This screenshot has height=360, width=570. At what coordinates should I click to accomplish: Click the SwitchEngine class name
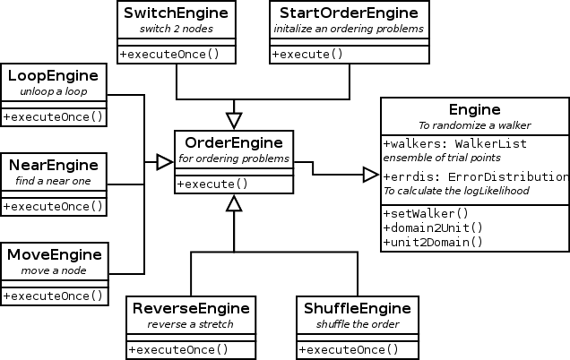177,13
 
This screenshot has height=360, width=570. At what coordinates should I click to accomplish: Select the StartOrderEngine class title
349,13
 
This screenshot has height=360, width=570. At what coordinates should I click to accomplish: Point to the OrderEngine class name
233,142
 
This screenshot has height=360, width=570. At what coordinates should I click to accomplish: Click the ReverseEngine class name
191,308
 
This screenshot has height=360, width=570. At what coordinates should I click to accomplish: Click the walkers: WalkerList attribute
454,143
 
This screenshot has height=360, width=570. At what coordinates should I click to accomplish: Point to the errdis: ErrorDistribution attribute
476,176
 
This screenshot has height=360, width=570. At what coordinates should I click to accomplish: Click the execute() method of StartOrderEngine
307,53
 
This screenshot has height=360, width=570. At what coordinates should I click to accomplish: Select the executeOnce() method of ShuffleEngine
349,348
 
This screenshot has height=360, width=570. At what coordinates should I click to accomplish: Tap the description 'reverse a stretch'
191,324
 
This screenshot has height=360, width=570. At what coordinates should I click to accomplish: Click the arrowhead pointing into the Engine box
370,175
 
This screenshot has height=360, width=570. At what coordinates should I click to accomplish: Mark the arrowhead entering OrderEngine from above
234,120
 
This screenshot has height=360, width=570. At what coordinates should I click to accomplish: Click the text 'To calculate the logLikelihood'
455,191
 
